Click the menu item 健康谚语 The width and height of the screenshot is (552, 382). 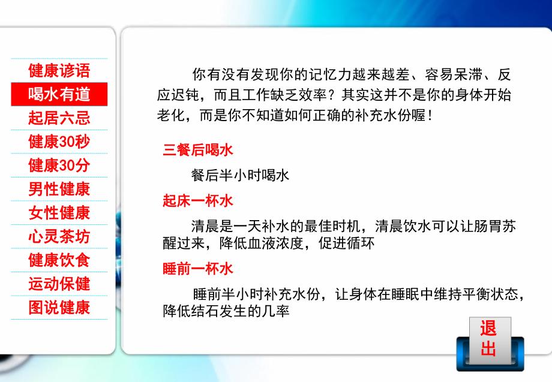point(59,71)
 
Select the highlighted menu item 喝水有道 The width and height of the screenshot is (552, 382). point(59,94)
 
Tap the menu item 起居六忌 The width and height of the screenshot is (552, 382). point(59,118)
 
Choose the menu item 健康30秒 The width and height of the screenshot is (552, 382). point(59,142)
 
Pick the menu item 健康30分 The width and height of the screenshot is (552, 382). point(59,166)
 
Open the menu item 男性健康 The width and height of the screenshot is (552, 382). point(59,190)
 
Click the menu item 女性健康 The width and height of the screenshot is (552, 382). point(59,213)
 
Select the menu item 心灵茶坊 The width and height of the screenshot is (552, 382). point(59,237)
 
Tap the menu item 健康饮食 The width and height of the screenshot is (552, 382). point(59,260)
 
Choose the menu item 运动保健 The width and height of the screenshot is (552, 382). point(59,284)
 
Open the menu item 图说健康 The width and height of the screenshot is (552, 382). point(59,308)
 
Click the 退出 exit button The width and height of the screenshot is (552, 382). point(488,339)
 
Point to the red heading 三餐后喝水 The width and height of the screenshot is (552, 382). point(198,151)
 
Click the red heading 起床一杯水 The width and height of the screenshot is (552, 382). point(198,201)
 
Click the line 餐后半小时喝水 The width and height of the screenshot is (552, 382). point(240,175)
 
